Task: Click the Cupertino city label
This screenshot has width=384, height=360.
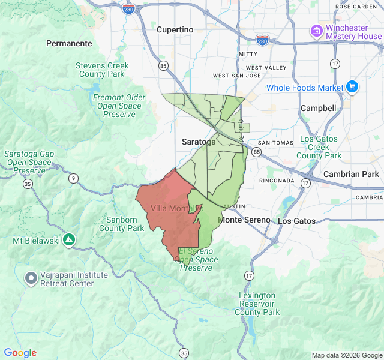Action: click(x=175, y=29)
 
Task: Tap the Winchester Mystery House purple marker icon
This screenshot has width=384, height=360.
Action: click(x=316, y=30)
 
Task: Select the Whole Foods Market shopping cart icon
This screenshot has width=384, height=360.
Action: click(x=352, y=88)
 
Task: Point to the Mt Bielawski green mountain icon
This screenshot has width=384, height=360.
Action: click(x=70, y=240)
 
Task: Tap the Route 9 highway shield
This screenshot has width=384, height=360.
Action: click(x=73, y=178)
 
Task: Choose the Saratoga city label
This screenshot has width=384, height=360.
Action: click(x=199, y=142)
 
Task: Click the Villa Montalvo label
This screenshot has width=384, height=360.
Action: click(x=176, y=208)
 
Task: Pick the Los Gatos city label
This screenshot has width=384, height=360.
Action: click(x=296, y=221)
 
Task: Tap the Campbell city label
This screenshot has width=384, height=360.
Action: click(x=318, y=108)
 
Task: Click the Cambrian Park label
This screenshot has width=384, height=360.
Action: click(x=351, y=174)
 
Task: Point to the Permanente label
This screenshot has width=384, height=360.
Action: click(x=70, y=43)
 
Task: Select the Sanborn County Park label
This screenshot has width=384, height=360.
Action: click(x=121, y=224)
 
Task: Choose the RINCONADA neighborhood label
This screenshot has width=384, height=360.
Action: click(x=277, y=181)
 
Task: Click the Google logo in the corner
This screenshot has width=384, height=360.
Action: click(x=20, y=353)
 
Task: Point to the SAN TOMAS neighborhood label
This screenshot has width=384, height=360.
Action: click(x=275, y=143)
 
